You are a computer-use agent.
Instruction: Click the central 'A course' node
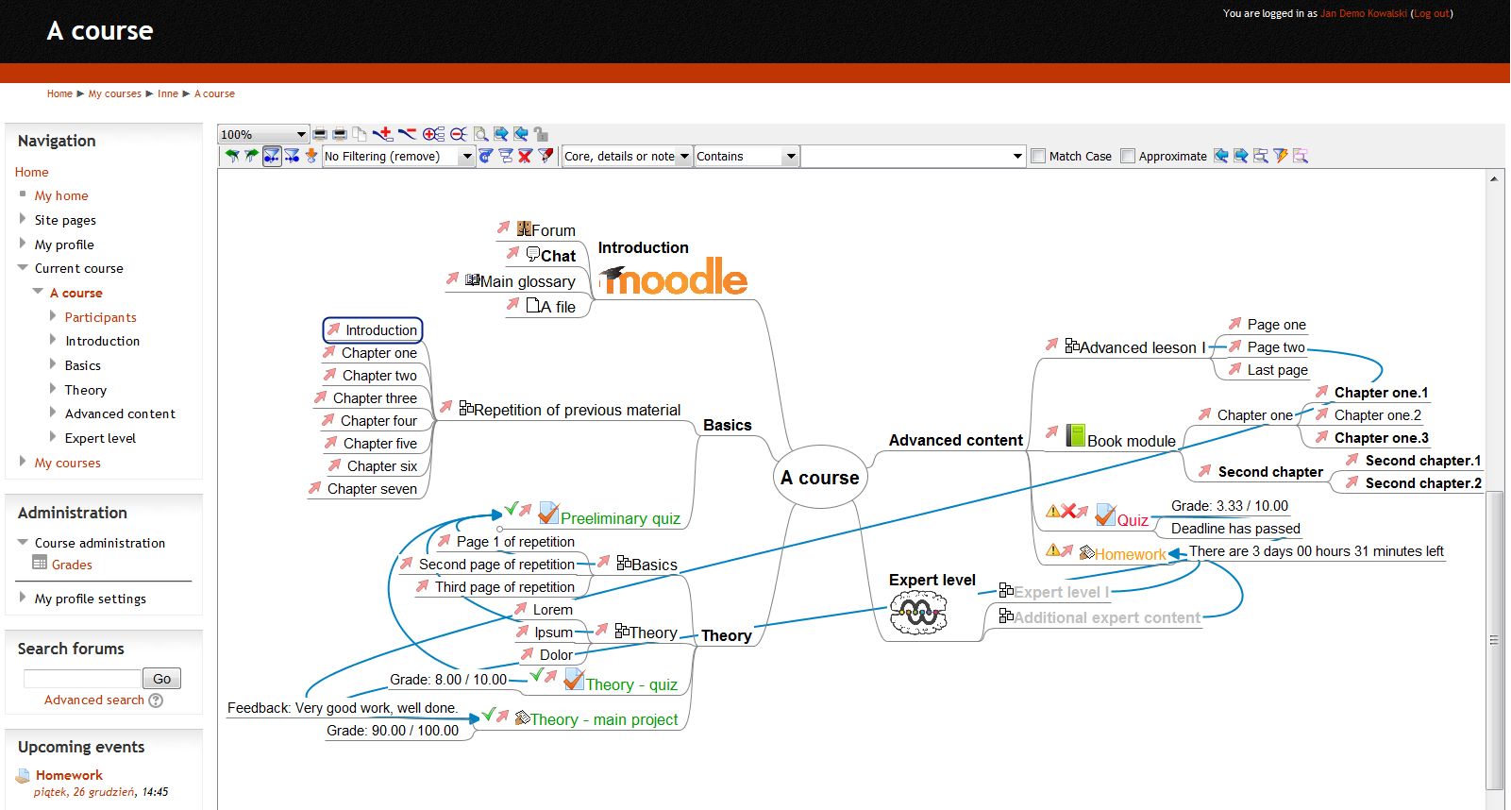[x=819, y=478]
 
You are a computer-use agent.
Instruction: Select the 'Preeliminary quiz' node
[x=620, y=518]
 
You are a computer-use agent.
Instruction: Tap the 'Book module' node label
[x=1131, y=441]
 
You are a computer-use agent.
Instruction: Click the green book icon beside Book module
[x=1075, y=435]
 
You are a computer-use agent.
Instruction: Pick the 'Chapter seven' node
[x=372, y=489]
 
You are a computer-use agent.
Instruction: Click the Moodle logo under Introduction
[x=674, y=278]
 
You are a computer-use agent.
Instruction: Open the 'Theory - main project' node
[x=603, y=719]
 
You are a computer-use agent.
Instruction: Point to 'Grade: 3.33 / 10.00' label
[x=1229, y=506]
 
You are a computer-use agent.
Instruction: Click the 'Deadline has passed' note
[x=1235, y=529]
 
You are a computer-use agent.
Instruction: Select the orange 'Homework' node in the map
[x=1130, y=554]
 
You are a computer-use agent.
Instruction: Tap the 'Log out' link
[x=1431, y=13]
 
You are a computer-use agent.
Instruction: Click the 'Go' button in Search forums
[x=161, y=679]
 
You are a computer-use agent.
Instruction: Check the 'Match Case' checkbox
[x=1038, y=156]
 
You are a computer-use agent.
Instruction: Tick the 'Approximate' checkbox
[x=1128, y=156]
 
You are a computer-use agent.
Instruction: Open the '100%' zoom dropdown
[x=263, y=134]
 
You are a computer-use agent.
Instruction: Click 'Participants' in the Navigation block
[x=100, y=317]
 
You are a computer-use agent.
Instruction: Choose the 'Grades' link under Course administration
[x=72, y=565]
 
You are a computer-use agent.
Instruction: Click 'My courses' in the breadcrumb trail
[x=114, y=93]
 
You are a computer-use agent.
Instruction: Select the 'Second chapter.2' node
[x=1422, y=483]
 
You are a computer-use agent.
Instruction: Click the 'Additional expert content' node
[x=1106, y=617]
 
